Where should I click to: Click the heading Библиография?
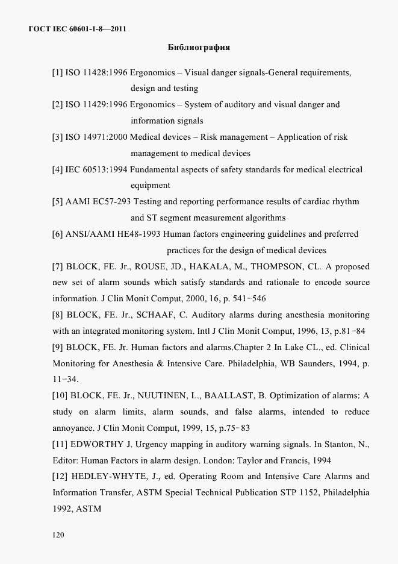[198, 46]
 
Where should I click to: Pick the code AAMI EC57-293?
[98, 202]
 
